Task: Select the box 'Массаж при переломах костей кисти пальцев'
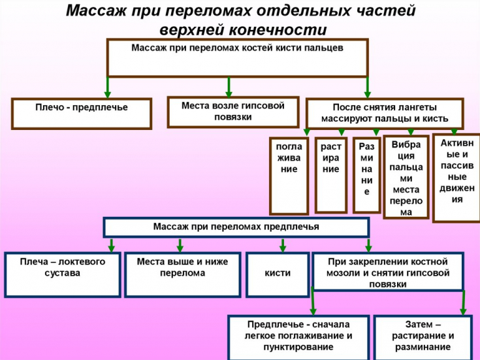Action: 237,57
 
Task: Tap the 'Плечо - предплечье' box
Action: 82,113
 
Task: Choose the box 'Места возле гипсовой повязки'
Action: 232,112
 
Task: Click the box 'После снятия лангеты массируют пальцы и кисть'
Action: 385,113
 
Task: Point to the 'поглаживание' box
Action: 289,175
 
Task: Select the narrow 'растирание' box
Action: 330,174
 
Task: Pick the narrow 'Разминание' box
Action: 366,175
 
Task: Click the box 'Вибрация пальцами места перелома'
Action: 406,176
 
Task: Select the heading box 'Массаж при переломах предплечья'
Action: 236,227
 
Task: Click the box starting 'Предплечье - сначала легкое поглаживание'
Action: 299,337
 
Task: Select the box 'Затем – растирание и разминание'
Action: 423,337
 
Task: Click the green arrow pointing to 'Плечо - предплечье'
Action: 108,88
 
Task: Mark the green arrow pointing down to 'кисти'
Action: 283,245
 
